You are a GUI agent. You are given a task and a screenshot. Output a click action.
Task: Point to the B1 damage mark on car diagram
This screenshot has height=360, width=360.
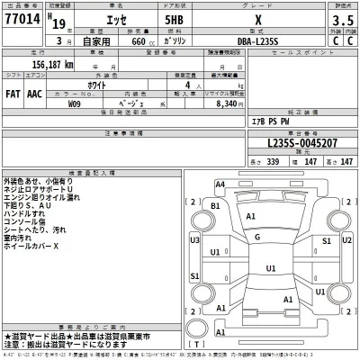215,206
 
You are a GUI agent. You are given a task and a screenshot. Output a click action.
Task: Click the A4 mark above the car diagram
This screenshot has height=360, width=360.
220,184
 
